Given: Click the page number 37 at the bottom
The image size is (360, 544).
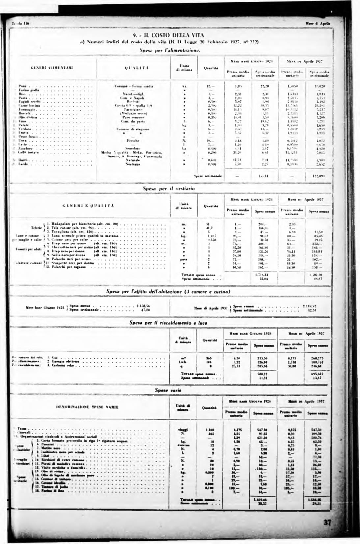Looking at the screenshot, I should point(327,523).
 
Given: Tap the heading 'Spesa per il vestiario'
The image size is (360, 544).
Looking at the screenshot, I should point(168,189).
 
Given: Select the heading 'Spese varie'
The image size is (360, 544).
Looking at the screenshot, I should point(168,390).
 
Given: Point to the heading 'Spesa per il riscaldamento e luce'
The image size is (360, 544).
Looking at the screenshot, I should point(168,323).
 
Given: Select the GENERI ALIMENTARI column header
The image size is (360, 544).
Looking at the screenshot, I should point(52,68).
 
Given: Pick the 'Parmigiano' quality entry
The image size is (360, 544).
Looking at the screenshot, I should point(131,109).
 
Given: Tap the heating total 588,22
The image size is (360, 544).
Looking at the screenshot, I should point(262,374).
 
